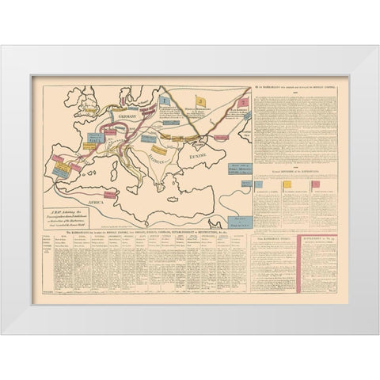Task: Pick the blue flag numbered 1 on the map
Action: (164, 101)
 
